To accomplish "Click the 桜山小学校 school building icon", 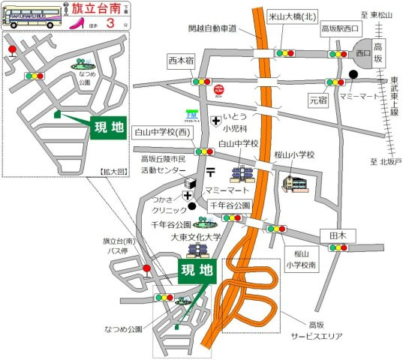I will tap(293, 182).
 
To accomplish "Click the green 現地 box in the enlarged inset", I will tap(108, 124).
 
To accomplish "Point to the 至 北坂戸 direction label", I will tap(386, 162).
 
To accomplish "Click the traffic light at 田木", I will tap(338, 246).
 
